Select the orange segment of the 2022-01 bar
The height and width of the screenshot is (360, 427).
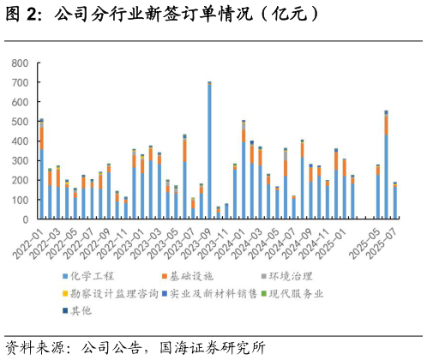click(x=41, y=138)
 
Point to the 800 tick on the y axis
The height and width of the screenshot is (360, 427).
click(x=20, y=63)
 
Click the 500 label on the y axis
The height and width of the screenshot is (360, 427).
click(x=20, y=122)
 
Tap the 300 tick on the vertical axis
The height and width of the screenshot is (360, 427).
click(x=20, y=161)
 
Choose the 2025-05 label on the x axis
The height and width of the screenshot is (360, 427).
click(x=366, y=239)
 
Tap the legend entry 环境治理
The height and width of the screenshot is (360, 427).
click(x=288, y=276)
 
